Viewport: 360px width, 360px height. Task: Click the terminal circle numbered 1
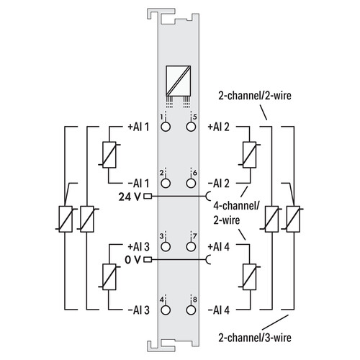(166, 127)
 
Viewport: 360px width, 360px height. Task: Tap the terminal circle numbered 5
(191, 127)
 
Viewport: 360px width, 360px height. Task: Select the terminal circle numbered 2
(166, 184)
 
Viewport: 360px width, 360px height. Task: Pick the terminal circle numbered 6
(191, 184)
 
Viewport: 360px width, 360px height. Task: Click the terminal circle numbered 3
(166, 246)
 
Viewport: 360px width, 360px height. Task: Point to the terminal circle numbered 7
(191, 246)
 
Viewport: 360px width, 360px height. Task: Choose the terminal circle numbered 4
(166, 310)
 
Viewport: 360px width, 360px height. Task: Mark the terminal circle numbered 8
(191, 310)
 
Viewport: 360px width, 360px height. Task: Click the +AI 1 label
(138, 127)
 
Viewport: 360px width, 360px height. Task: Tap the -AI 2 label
(219, 184)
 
